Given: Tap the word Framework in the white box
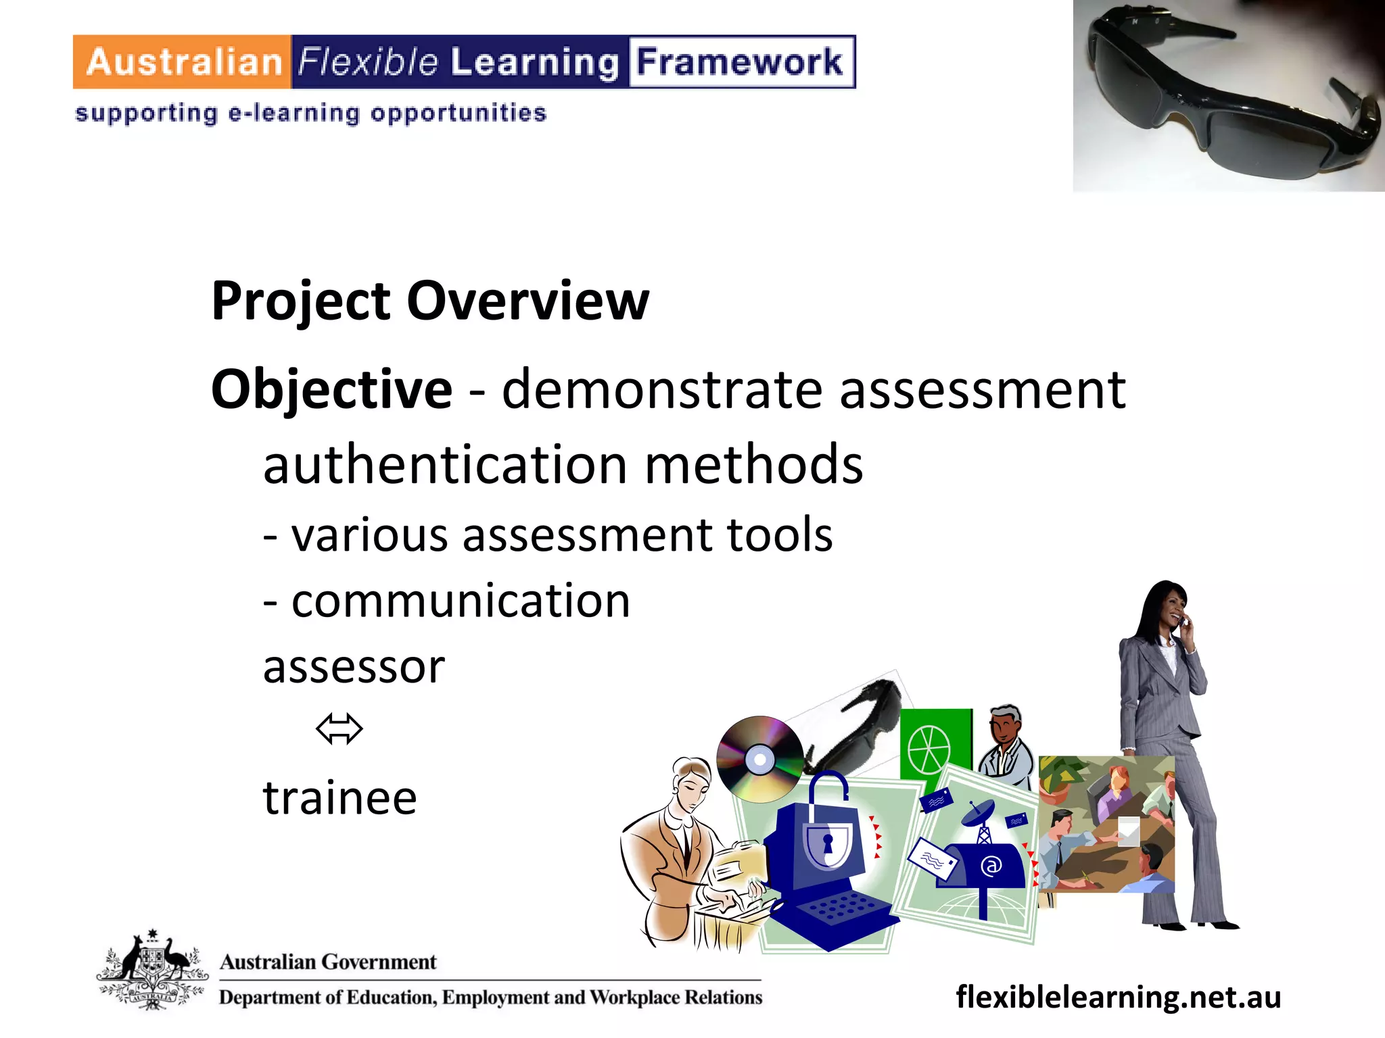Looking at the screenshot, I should pyautogui.click(x=740, y=62).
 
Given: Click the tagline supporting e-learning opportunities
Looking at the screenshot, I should pyautogui.click(x=310, y=113).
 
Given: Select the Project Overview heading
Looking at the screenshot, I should pyautogui.click(x=430, y=301).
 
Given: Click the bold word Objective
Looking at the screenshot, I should pyautogui.click(x=331, y=390).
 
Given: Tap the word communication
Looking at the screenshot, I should pyautogui.click(x=461, y=601).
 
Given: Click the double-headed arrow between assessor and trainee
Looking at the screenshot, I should pyautogui.click(x=339, y=728).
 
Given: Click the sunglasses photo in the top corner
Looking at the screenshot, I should pyautogui.click(x=1228, y=96).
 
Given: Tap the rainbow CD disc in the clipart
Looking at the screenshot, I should pyautogui.click(x=760, y=759).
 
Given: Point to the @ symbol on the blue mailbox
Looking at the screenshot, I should pyautogui.click(x=991, y=866).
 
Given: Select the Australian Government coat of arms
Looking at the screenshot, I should pyautogui.click(x=152, y=970).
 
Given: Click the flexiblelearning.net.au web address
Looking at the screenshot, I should pyautogui.click(x=1118, y=997).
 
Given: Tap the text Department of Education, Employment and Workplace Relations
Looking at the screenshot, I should pyautogui.click(x=490, y=997).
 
